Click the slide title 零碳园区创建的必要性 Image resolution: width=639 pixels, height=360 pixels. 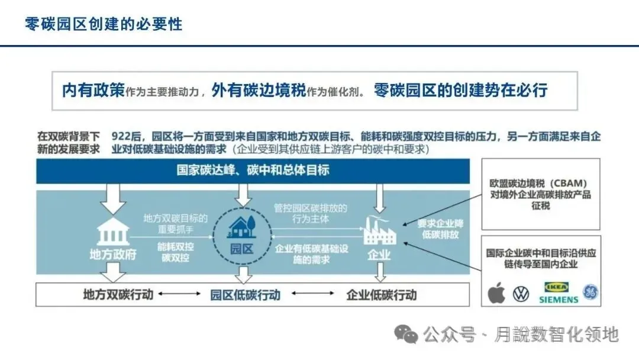(x=104, y=24)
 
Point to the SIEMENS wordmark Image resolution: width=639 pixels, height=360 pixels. (x=559, y=300)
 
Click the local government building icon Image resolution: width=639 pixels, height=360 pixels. (x=112, y=232)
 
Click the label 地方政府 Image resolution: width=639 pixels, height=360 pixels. (x=112, y=255)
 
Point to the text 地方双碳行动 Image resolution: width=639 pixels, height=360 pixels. (x=118, y=294)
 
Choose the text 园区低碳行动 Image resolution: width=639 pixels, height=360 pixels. (x=245, y=294)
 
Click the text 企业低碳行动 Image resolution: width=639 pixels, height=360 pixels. (x=381, y=294)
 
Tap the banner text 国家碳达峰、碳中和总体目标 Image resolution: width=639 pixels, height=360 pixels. (x=253, y=170)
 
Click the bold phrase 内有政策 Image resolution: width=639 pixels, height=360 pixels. (x=93, y=90)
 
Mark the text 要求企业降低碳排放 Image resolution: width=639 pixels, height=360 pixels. (x=438, y=229)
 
